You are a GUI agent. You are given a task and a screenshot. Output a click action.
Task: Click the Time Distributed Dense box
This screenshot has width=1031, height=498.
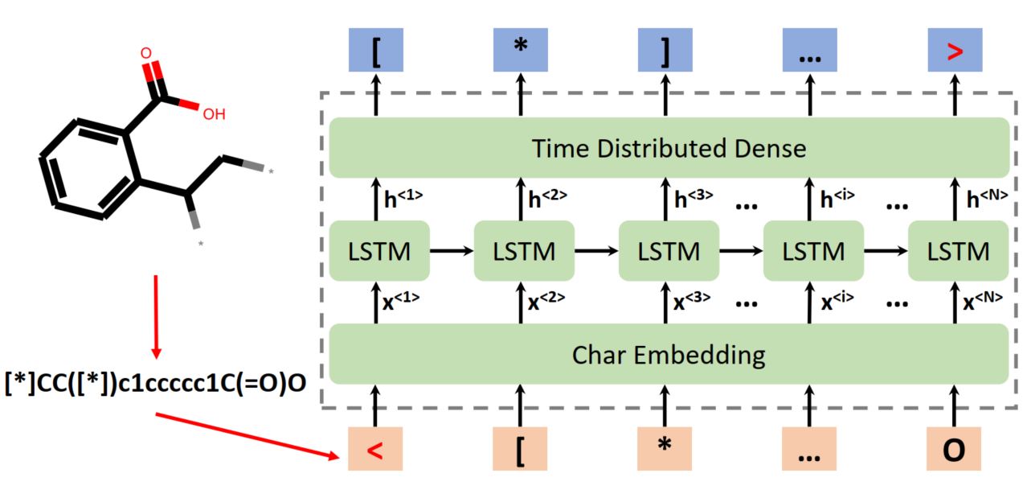pos(669,148)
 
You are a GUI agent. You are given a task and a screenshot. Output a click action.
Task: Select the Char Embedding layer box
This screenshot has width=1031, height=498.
pos(669,354)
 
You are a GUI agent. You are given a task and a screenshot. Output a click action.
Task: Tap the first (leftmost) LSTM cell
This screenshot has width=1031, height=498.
pos(379,251)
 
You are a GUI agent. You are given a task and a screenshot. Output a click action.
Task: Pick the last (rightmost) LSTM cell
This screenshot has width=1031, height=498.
pos(958,251)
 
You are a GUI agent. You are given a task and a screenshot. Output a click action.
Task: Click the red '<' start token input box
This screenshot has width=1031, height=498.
pos(375,449)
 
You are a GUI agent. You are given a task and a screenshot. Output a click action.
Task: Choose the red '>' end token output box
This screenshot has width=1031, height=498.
pos(955,50)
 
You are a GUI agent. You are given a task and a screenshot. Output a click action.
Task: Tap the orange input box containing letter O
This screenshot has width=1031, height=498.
pos(954,449)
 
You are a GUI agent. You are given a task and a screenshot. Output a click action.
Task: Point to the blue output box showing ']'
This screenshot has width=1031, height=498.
pos(665,50)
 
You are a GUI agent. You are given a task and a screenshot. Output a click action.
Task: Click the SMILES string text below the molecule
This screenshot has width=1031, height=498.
pos(154,381)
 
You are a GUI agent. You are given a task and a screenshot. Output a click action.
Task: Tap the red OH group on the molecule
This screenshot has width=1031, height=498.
pos(213,114)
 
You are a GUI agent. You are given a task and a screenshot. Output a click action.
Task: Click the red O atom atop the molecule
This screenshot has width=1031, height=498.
pos(145,53)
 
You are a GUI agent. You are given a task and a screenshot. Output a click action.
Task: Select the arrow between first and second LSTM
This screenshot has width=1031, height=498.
pos(452,251)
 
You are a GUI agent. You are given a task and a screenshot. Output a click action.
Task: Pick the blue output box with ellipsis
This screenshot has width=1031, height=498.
pos(809,50)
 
